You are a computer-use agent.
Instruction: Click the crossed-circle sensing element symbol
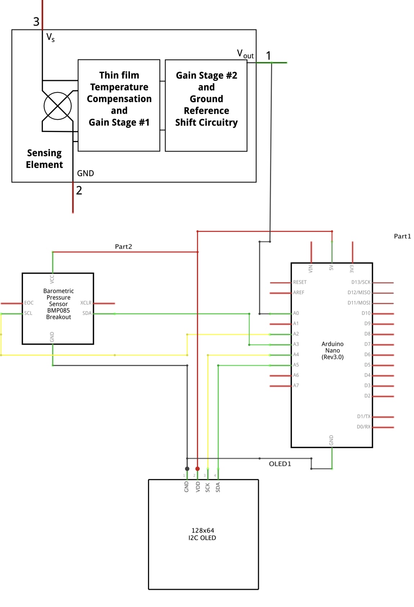coord(58,106)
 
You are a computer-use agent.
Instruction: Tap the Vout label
coord(245,54)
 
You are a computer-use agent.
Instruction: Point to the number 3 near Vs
coord(36,22)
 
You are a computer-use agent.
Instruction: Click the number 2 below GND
coord(79,191)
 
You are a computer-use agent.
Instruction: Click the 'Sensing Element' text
coord(44,159)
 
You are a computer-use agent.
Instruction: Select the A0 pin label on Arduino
coord(296,313)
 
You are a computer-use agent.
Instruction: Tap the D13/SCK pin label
coord(361,282)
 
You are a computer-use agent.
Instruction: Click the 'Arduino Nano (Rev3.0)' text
coord(332,350)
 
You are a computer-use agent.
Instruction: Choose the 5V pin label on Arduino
coord(331,268)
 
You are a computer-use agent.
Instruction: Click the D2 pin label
coord(367,396)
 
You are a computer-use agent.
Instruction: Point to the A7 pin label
coord(296,385)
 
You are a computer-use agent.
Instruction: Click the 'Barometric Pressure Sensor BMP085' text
coord(58,303)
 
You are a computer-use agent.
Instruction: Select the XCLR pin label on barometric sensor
coord(86,303)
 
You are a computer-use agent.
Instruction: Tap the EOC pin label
coord(29,303)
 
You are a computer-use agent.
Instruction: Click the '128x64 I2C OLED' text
coord(202,534)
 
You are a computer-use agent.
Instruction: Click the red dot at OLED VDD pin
coord(197,469)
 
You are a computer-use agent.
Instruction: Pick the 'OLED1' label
coord(280,464)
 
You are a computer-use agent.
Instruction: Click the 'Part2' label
coord(123,246)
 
